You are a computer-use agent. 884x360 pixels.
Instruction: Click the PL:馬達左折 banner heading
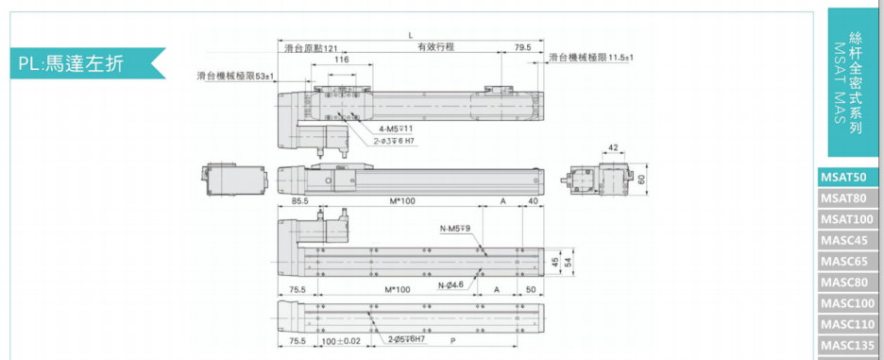71,63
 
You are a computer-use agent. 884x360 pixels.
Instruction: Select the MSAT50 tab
848,178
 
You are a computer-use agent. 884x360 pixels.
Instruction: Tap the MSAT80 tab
848,198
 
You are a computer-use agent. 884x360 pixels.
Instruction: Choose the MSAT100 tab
848,219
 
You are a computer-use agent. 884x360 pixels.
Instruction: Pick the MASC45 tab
848,240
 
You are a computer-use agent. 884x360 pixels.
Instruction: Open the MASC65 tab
848,261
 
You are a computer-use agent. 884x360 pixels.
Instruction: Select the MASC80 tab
848,283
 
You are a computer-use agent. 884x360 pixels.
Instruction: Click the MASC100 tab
848,303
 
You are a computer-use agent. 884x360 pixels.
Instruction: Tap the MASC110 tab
848,324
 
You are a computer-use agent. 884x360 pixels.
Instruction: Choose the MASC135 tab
848,345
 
